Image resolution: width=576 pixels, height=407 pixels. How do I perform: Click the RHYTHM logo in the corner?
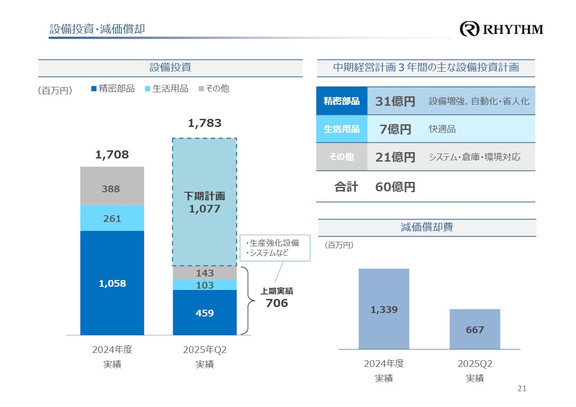coord(501,29)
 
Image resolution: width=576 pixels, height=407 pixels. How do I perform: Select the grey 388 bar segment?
coord(112,186)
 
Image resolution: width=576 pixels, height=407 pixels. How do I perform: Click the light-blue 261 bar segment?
coord(112,218)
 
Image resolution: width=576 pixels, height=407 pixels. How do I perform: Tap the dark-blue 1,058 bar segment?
coord(112,283)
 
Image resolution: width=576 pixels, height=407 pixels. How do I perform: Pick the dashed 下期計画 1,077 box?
coord(204,202)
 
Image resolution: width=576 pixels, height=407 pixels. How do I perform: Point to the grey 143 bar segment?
coord(205,273)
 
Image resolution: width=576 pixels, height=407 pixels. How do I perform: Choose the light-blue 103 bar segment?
coord(205,285)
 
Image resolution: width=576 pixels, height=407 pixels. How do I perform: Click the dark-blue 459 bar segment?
coord(205,312)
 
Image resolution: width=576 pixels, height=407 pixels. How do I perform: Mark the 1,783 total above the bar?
coord(205,123)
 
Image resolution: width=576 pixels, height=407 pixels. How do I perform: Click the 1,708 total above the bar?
coord(112,155)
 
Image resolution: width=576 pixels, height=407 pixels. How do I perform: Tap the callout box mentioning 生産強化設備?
coord(274,248)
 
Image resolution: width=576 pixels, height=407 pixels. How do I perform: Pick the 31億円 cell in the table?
coord(395,101)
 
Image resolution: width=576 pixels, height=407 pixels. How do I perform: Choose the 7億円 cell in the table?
coord(395,129)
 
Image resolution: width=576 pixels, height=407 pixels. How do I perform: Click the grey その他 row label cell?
coord(342,157)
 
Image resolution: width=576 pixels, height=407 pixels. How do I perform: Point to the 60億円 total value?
coord(395,187)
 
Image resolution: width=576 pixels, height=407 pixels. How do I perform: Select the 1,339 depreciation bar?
coord(384,309)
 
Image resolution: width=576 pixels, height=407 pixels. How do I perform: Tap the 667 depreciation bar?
coord(475,329)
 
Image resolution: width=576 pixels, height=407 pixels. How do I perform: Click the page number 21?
coord(522,389)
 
